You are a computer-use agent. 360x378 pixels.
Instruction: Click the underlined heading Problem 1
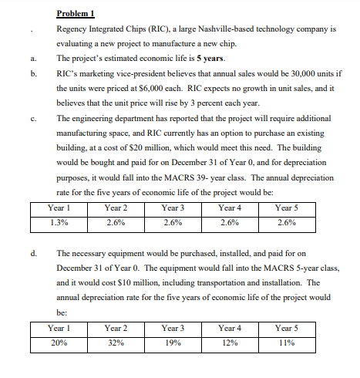(76, 13)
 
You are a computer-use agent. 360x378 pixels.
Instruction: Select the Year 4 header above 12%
(229, 328)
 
